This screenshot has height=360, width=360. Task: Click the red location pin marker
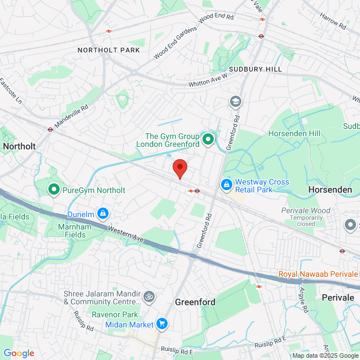coord(179,168)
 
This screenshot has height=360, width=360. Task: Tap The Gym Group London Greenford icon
coord(209,138)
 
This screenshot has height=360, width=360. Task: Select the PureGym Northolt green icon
coord(54,190)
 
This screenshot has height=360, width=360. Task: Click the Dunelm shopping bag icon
coord(103,213)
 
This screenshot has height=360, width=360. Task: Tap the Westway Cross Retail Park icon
coord(226,184)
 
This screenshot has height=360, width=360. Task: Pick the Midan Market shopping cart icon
coord(162,324)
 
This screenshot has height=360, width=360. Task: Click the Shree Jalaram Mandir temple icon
coord(149,296)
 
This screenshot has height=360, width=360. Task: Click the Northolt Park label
coord(109,50)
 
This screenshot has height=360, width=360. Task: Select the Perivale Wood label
coord(306,210)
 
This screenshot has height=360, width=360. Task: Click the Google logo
coord(19,353)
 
